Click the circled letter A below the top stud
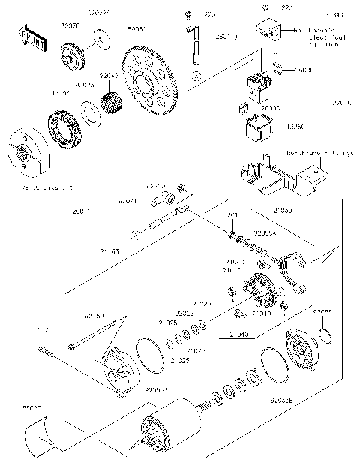pos(196,76)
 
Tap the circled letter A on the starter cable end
pos(136,235)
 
